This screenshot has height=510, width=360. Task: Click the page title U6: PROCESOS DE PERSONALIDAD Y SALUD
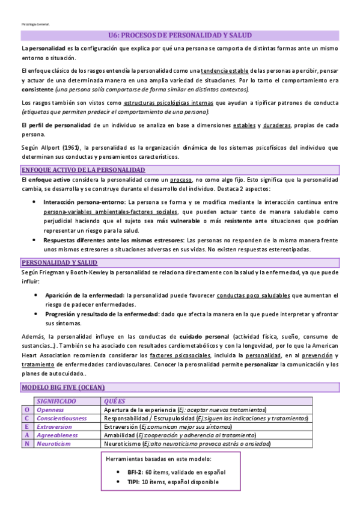coord(180,35)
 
